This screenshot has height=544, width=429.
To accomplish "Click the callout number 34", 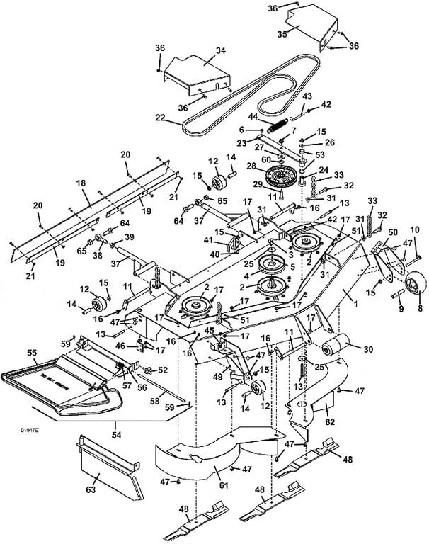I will pos(220,50).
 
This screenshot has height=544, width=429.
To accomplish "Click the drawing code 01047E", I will pos(29,431).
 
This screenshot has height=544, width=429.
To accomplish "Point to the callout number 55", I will pos(32,352).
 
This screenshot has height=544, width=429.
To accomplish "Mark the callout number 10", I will pos(415,229).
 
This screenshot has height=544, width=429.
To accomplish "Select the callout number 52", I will pos(162,369).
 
